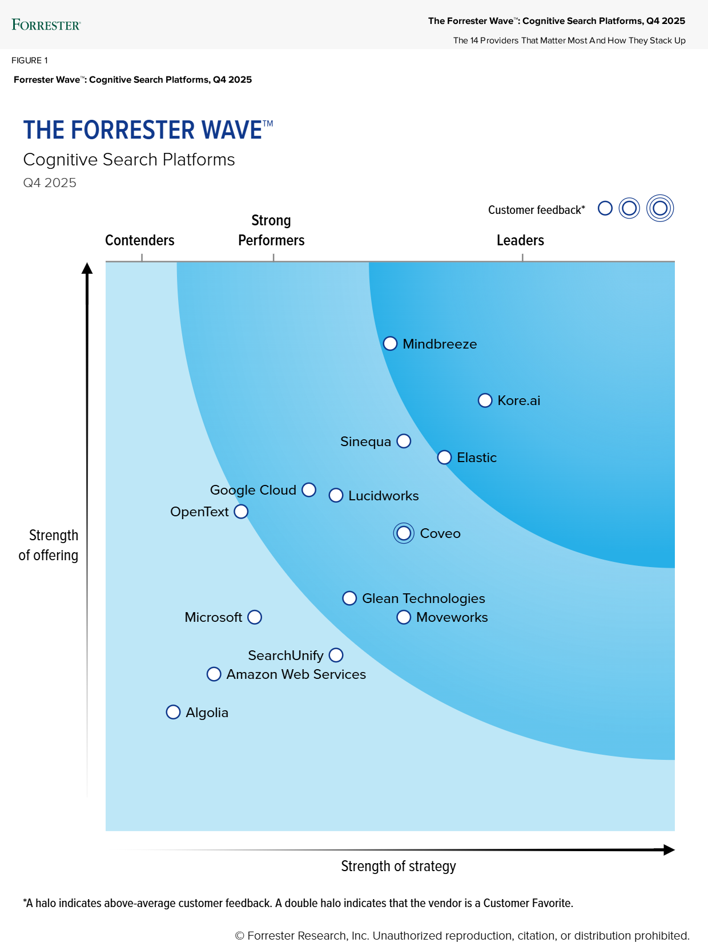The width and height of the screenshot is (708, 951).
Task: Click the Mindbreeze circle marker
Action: point(390,343)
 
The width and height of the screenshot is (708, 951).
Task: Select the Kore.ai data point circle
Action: point(485,400)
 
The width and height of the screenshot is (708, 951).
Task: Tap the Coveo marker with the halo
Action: point(404,533)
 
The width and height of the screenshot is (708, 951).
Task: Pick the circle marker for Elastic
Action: point(444,458)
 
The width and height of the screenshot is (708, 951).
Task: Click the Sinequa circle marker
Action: point(404,441)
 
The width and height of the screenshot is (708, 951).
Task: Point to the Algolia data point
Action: point(173,712)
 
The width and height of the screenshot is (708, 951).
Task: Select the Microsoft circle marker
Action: point(255,617)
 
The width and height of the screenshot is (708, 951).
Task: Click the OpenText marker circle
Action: point(241,512)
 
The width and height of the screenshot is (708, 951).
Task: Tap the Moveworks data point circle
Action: point(404,617)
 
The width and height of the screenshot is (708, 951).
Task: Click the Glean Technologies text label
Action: point(423,598)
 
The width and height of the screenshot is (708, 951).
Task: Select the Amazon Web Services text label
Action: point(296,674)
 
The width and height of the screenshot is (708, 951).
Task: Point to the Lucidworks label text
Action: point(383,496)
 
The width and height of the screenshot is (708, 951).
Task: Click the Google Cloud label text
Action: point(253,490)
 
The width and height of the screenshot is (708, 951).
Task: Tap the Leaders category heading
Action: point(520,240)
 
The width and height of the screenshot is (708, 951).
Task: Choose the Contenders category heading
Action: point(140,240)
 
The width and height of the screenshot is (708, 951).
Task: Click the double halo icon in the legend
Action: point(660,208)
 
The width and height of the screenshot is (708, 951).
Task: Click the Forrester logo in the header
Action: point(46,25)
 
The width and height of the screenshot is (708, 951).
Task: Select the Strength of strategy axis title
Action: point(399,866)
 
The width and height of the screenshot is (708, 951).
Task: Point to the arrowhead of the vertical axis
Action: point(87,268)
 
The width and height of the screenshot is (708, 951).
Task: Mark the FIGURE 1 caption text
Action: point(30,60)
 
